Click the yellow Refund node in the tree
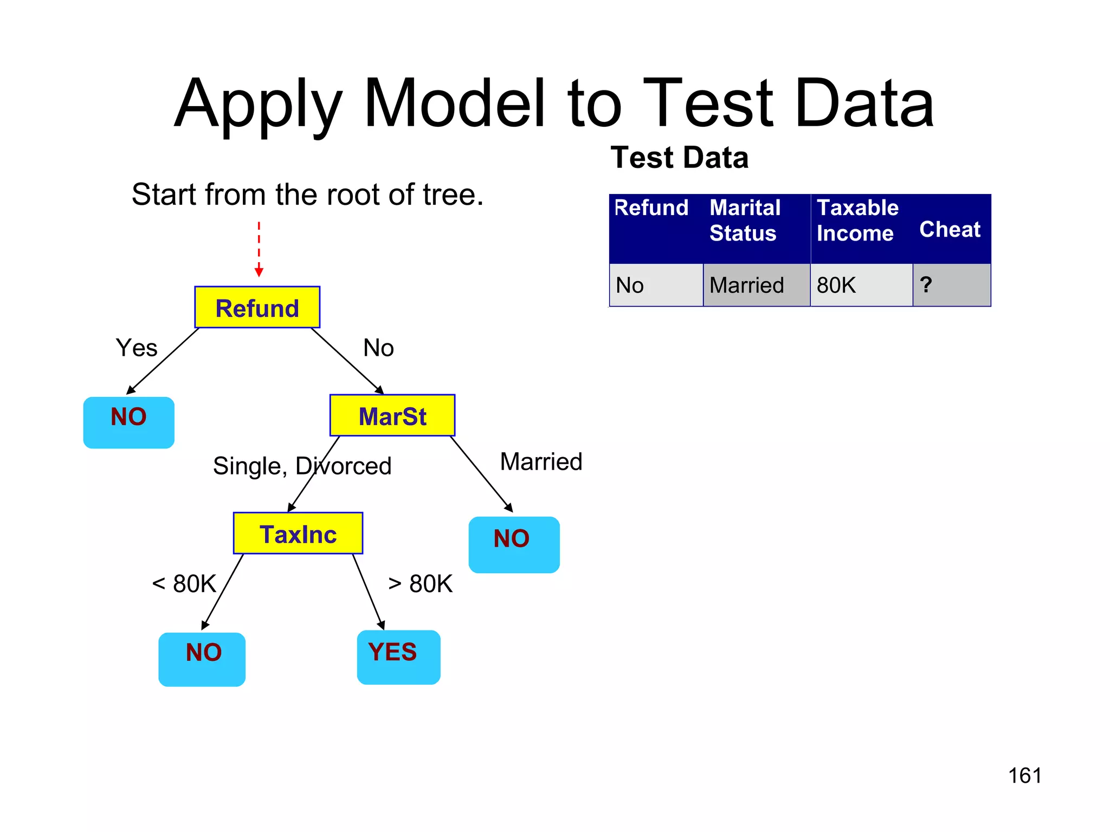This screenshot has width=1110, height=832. tap(257, 307)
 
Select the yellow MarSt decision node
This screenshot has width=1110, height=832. tap(392, 415)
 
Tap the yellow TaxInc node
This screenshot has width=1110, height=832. tap(298, 534)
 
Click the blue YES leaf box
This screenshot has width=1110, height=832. tap(398, 656)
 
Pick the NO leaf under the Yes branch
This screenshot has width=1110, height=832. tap(128, 422)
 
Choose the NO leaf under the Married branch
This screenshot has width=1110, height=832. tap(514, 544)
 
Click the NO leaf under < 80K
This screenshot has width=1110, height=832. tap(202, 659)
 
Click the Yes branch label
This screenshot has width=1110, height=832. tap(137, 348)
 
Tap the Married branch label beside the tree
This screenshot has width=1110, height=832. tap(541, 462)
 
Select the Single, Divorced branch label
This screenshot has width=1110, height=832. tap(302, 466)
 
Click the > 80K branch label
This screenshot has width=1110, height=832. tap(421, 584)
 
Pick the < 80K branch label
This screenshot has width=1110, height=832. tap(184, 584)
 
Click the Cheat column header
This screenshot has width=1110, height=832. tap(950, 230)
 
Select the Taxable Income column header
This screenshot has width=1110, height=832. tap(857, 220)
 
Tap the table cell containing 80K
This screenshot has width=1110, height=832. tap(861, 285)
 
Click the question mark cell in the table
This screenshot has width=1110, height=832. tap(951, 285)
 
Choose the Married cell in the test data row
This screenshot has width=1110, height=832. tap(756, 285)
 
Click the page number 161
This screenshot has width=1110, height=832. tap(1024, 776)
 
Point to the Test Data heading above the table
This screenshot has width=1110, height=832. tap(679, 158)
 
